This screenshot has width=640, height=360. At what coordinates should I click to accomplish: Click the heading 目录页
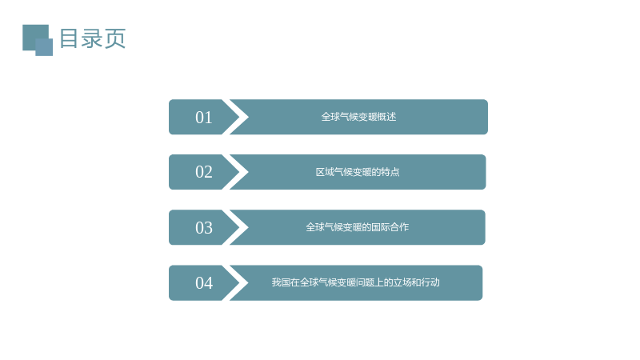tap(92, 38)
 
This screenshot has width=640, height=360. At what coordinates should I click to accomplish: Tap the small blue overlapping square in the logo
tap(44, 47)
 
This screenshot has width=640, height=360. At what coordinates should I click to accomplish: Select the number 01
tap(204, 118)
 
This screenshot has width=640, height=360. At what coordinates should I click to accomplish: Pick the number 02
tap(204, 172)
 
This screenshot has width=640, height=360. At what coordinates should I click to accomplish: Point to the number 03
tap(204, 228)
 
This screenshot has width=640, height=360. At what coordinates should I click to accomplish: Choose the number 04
tap(204, 283)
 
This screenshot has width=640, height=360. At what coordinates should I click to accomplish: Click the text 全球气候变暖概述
tap(358, 117)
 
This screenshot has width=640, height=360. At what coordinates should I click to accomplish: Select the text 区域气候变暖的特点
tap(358, 172)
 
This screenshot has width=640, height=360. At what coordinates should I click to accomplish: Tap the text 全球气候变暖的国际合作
tap(357, 227)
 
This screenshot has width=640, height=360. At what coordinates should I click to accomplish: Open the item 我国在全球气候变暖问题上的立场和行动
tap(355, 282)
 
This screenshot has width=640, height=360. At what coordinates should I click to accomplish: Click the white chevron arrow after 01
tap(239, 117)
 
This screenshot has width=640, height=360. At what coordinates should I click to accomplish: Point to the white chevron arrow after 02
tap(239, 172)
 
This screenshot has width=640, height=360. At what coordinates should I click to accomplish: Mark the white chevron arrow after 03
tap(239, 227)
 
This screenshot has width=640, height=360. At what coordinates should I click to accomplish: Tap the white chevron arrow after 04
tap(239, 283)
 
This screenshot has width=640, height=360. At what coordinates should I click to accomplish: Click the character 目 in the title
tap(69, 38)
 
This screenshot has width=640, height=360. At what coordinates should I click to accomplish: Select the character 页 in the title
tap(114, 38)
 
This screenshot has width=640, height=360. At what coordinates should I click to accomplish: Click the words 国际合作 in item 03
tap(390, 227)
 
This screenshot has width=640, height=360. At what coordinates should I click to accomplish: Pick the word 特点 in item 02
tap(390, 172)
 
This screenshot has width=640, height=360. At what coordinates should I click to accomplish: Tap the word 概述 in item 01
tap(387, 117)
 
